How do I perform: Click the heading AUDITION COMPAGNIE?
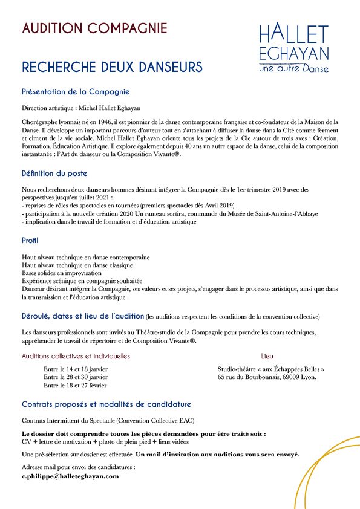[94, 28]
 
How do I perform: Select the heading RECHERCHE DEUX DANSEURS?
[112, 66]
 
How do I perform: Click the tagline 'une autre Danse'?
[293, 68]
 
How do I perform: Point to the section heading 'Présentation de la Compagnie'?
[76, 92]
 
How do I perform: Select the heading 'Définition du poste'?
[54, 173]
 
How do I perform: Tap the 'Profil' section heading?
[30, 241]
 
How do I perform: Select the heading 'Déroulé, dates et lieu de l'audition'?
[83, 316]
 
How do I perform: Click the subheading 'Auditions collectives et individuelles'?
[76, 356]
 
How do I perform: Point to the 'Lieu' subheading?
[267, 356]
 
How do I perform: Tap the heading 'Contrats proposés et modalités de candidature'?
[106, 404]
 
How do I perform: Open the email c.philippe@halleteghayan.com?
[70, 476]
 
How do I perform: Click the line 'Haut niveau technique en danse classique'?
[77, 265]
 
